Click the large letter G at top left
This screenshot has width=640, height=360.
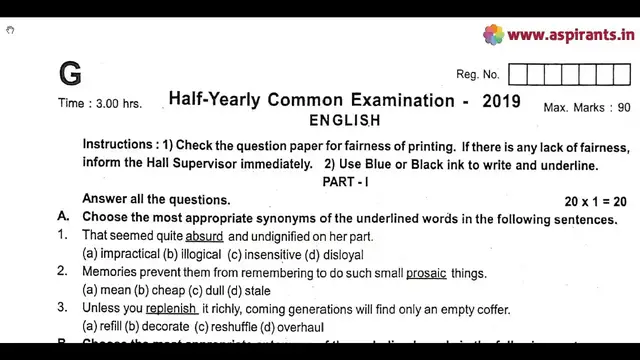click(70, 74)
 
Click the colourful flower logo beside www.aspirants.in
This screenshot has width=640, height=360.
click(493, 35)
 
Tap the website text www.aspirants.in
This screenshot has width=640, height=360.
click(571, 35)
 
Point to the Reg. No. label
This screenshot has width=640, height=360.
click(477, 75)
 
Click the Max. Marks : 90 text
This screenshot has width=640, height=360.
click(587, 107)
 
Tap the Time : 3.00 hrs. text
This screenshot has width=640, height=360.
click(100, 103)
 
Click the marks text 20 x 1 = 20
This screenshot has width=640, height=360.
click(595, 201)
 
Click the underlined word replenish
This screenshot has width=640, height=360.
click(170, 309)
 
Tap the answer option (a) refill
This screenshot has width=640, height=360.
click(101, 327)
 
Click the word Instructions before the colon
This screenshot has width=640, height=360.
click(119, 145)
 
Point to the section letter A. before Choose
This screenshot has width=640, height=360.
click(62, 217)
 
